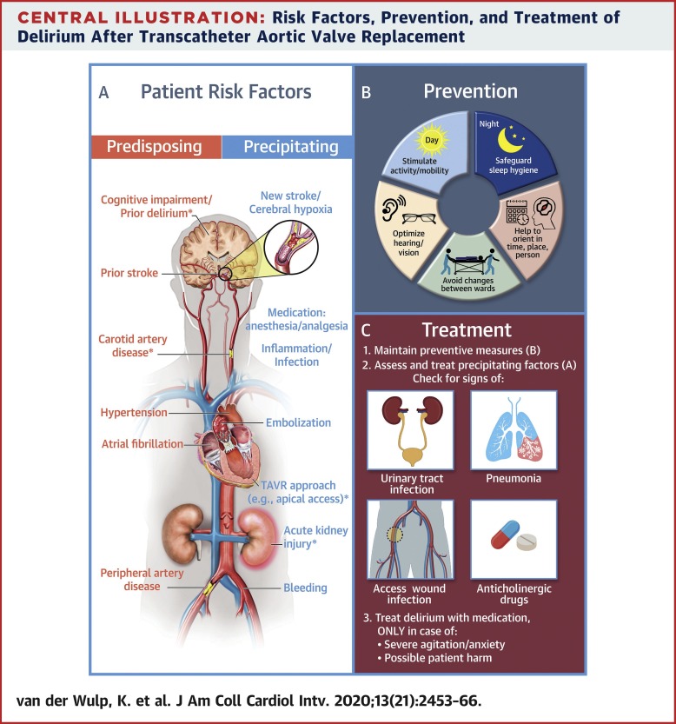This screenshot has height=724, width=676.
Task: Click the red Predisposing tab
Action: [156, 147]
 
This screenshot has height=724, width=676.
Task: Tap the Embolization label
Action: [299, 422]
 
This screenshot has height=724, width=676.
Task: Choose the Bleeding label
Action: [305, 588]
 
